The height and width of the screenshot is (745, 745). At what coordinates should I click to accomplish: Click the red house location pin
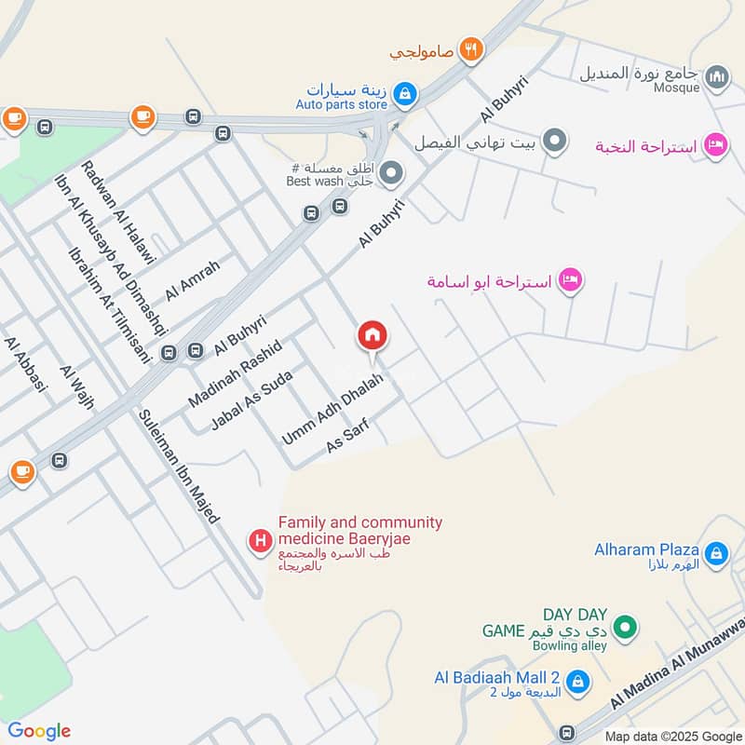(x=372, y=336)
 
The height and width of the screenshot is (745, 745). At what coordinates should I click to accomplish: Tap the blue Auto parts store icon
(x=405, y=93)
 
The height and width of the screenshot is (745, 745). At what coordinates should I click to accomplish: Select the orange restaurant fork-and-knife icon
(x=472, y=50)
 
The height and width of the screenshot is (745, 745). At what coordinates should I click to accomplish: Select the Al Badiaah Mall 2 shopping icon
(x=577, y=684)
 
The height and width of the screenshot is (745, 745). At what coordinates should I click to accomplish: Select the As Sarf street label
(x=348, y=437)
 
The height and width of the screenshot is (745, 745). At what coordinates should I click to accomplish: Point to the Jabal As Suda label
(x=251, y=400)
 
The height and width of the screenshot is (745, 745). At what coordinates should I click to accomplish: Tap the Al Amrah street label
(x=193, y=280)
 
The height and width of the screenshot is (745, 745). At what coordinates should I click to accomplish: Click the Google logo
(x=39, y=731)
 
